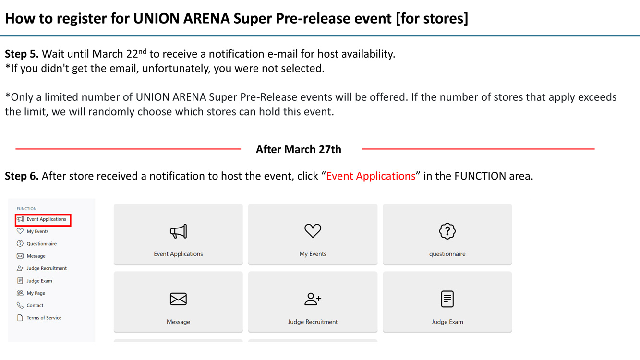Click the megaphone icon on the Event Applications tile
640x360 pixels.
pyautogui.click(x=178, y=231)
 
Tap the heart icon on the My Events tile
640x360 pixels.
pyautogui.click(x=313, y=230)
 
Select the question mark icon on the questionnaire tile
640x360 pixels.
pyautogui.click(x=447, y=231)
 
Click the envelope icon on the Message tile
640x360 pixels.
pyautogui.click(x=178, y=299)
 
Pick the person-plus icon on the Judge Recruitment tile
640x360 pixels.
pyautogui.click(x=313, y=299)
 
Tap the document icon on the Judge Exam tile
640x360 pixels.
pyautogui.click(x=447, y=299)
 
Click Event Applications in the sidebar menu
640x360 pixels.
pyautogui.click(x=46, y=219)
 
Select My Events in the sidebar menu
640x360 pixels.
pyautogui.click(x=37, y=231)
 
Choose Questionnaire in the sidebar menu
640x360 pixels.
pyautogui.click(x=41, y=244)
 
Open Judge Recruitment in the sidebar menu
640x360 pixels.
pyautogui.click(x=47, y=268)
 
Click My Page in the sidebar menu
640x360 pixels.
pyautogui.click(x=36, y=293)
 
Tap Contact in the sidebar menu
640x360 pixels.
pyautogui.click(x=35, y=305)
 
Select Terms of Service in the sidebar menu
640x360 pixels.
pyautogui.click(x=44, y=318)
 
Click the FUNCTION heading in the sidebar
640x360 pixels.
pyautogui.click(x=26, y=209)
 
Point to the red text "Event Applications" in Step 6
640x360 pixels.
pyautogui.click(x=371, y=176)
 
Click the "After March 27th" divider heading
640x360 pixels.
pyautogui.click(x=298, y=149)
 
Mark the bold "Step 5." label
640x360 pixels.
pyautogui.click(x=22, y=54)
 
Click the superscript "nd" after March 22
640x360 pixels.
pyautogui.click(x=142, y=52)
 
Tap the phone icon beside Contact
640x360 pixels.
pyautogui.click(x=20, y=305)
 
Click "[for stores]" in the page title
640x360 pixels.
pyautogui.click(x=432, y=19)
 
